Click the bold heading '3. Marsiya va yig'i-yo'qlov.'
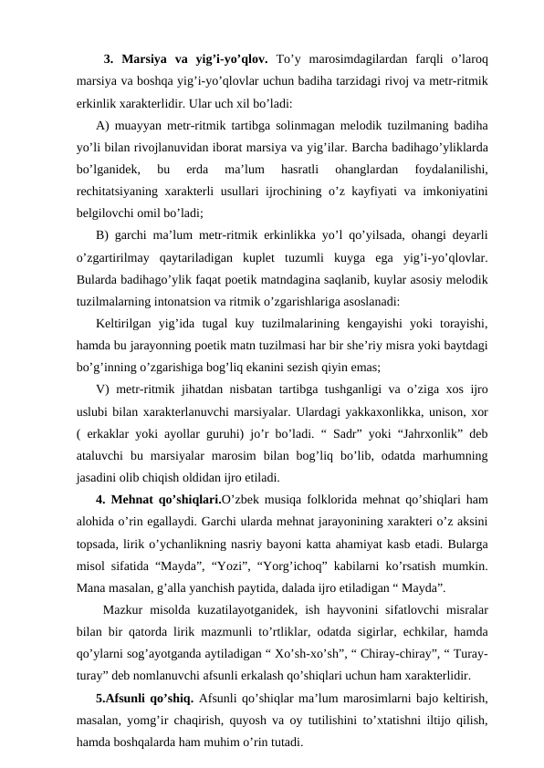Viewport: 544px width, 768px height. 185,61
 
